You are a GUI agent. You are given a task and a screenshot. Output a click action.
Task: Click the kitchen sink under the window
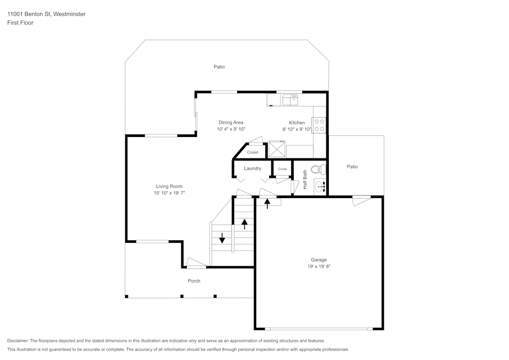coord(290,100)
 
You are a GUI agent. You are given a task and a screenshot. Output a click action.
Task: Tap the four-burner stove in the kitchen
coord(319,125)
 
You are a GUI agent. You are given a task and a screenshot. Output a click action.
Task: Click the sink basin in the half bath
coord(320,187)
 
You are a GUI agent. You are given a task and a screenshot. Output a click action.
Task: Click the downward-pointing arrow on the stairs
coord(222,238)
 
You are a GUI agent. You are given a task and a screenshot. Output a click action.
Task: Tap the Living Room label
coord(169,186)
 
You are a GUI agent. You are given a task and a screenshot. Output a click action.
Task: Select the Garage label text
coord(319,260)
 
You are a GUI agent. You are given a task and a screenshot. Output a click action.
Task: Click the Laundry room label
coord(252,169)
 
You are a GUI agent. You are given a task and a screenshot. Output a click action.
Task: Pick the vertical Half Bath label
coord(305,180)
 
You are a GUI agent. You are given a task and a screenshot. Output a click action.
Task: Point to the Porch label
coord(194,281)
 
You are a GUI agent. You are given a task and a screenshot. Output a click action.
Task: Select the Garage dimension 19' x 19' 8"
coord(319,266)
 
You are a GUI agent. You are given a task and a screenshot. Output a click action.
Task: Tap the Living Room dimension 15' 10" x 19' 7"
coord(169,193)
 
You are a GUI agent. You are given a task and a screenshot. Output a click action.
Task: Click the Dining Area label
coord(231,122)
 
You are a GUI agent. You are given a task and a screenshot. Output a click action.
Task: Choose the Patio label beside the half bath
coord(352,167)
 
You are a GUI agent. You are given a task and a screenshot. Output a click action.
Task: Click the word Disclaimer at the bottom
coord(18,341)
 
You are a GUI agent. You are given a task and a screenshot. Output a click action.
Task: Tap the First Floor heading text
coord(20,23)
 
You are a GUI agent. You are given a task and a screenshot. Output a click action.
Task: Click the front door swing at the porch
coord(196,262)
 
